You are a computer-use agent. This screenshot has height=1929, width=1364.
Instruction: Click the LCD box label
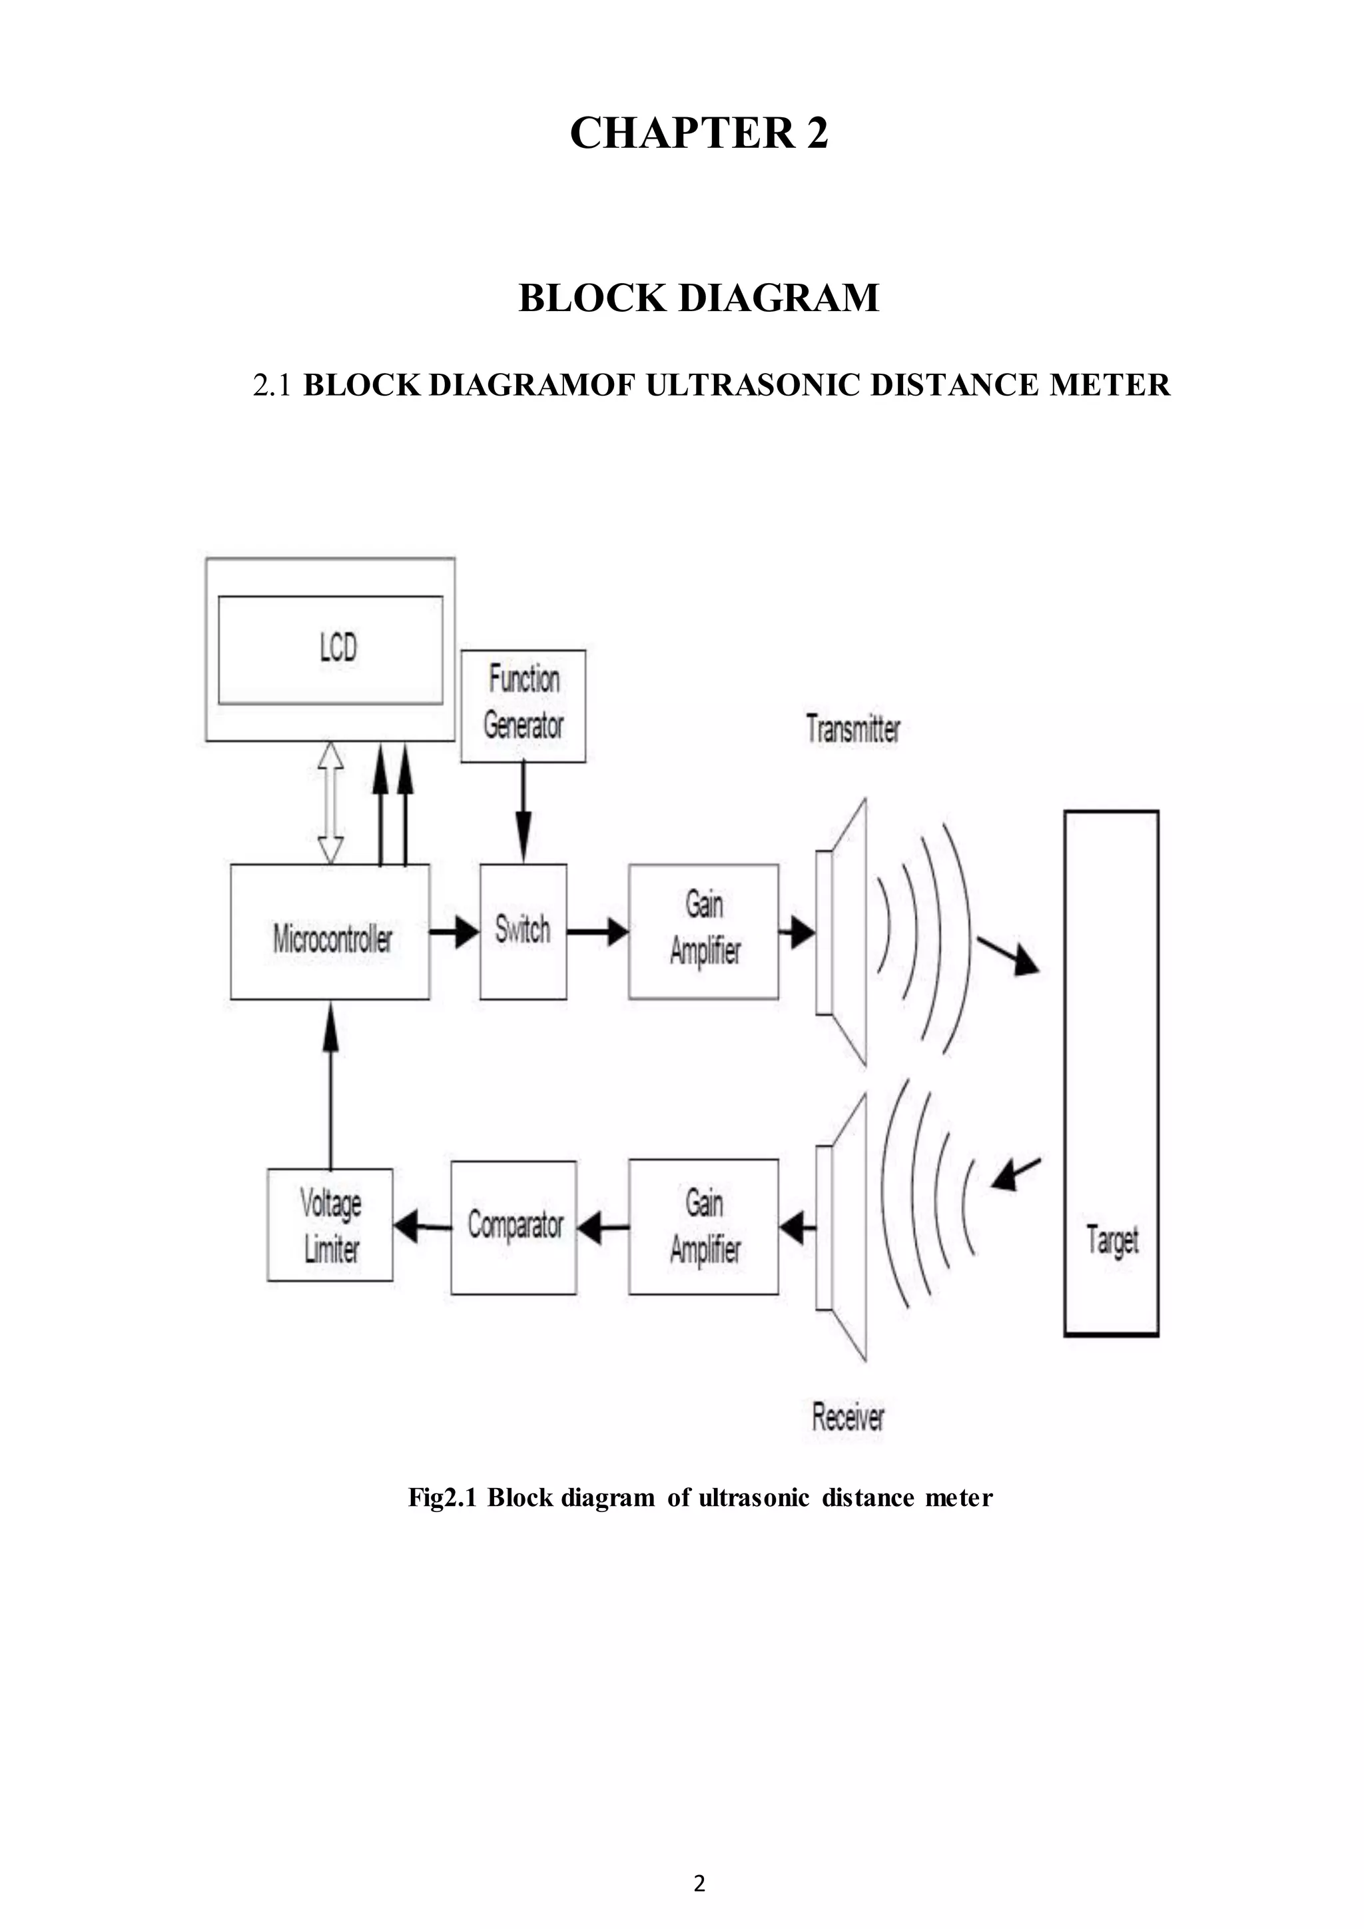[338, 647]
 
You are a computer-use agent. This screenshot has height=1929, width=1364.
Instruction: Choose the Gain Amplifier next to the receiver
[704, 1227]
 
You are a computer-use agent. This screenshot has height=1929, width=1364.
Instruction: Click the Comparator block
[514, 1227]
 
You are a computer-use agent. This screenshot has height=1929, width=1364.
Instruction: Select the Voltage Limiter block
[330, 1226]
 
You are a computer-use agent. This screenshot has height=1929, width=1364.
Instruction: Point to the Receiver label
[847, 1417]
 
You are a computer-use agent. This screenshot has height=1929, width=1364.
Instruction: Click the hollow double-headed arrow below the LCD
[331, 803]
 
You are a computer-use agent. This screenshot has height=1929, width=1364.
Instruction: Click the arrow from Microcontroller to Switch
[454, 932]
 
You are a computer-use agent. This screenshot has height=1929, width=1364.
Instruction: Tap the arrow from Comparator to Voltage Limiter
[421, 1228]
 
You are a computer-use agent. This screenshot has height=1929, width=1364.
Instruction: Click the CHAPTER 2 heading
[699, 133]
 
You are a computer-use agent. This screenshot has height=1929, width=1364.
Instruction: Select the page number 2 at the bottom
[699, 1883]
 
